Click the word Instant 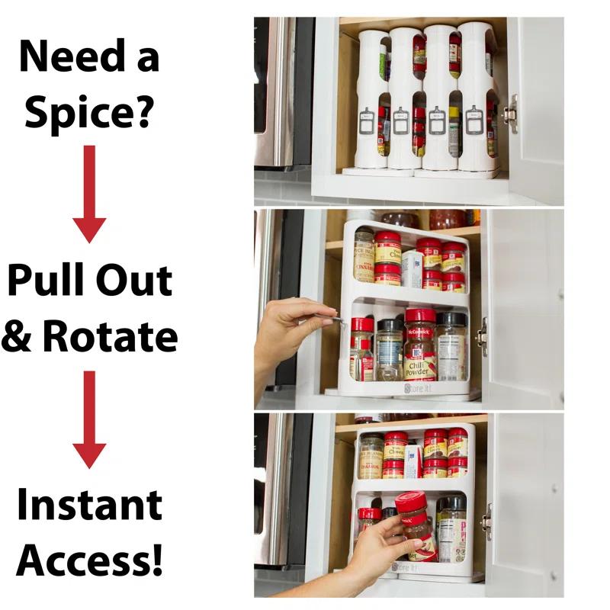(89, 505)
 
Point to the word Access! (89, 561)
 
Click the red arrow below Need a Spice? (89, 194)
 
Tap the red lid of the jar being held (411, 504)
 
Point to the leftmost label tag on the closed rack (367, 120)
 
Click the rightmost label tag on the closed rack (474, 120)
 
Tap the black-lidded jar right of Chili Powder (451, 347)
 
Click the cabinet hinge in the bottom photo (486, 522)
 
